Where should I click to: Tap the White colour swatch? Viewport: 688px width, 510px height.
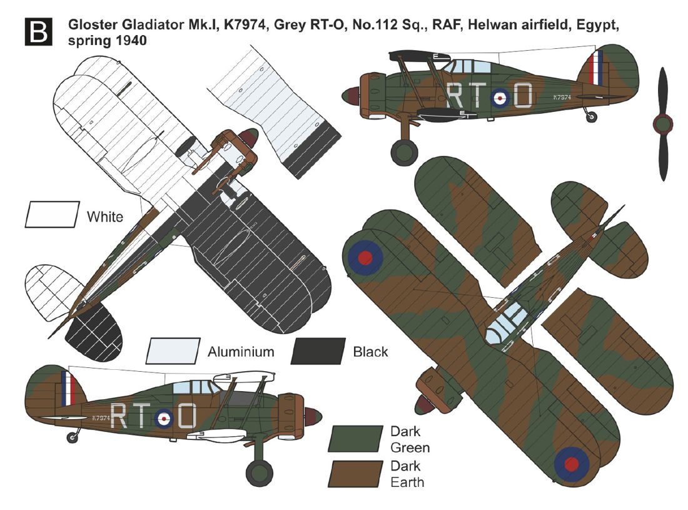[52, 214]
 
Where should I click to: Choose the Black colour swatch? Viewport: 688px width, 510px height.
[318, 351]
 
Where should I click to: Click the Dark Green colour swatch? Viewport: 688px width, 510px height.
[355, 439]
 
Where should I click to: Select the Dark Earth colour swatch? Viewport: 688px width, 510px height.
[355, 474]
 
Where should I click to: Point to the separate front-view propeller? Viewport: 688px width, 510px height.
[662, 124]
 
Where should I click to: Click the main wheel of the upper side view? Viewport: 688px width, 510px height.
[404, 152]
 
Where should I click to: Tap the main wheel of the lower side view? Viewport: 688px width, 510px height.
[259, 473]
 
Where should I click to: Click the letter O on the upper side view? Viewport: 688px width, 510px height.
[522, 96]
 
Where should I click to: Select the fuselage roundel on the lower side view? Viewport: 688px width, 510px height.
[164, 419]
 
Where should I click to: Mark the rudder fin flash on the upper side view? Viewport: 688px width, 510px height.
[597, 69]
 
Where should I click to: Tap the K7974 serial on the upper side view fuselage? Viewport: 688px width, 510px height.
[562, 97]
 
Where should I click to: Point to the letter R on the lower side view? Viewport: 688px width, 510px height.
[119, 416]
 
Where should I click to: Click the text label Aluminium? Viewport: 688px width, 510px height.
[241, 352]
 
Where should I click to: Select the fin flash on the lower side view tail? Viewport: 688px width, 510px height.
[68, 389]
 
